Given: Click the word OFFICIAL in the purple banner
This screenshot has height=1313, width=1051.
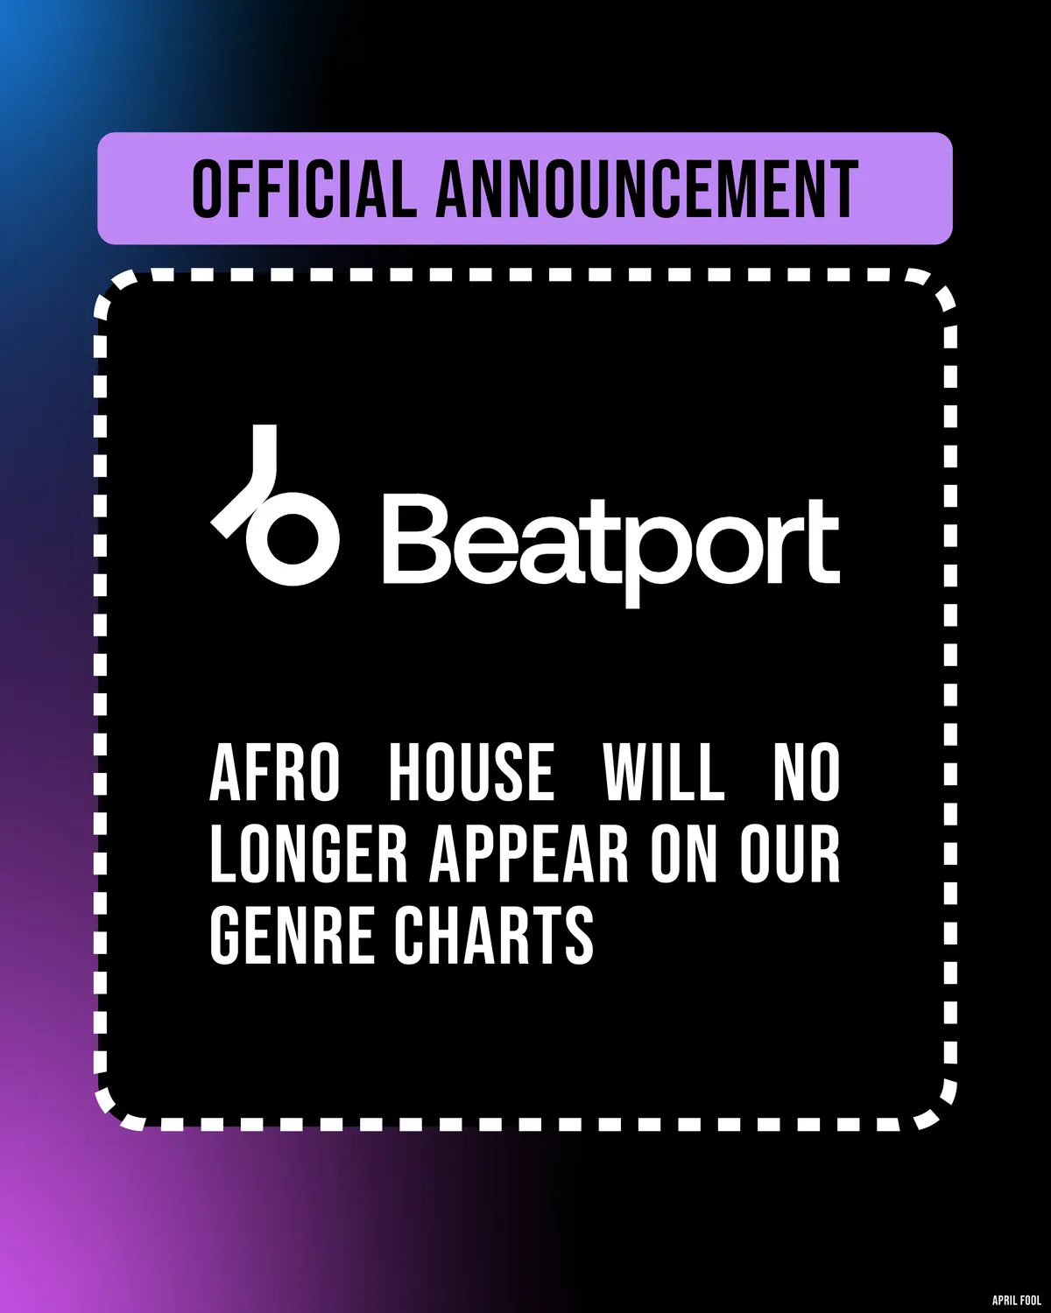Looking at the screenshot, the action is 304,188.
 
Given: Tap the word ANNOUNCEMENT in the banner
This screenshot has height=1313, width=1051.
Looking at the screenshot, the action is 647,188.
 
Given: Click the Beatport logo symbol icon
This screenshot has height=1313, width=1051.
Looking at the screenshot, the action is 274,504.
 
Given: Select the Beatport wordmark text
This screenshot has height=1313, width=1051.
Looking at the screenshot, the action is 611,547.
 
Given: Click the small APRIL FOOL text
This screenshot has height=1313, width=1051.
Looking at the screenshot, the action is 1017,1300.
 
